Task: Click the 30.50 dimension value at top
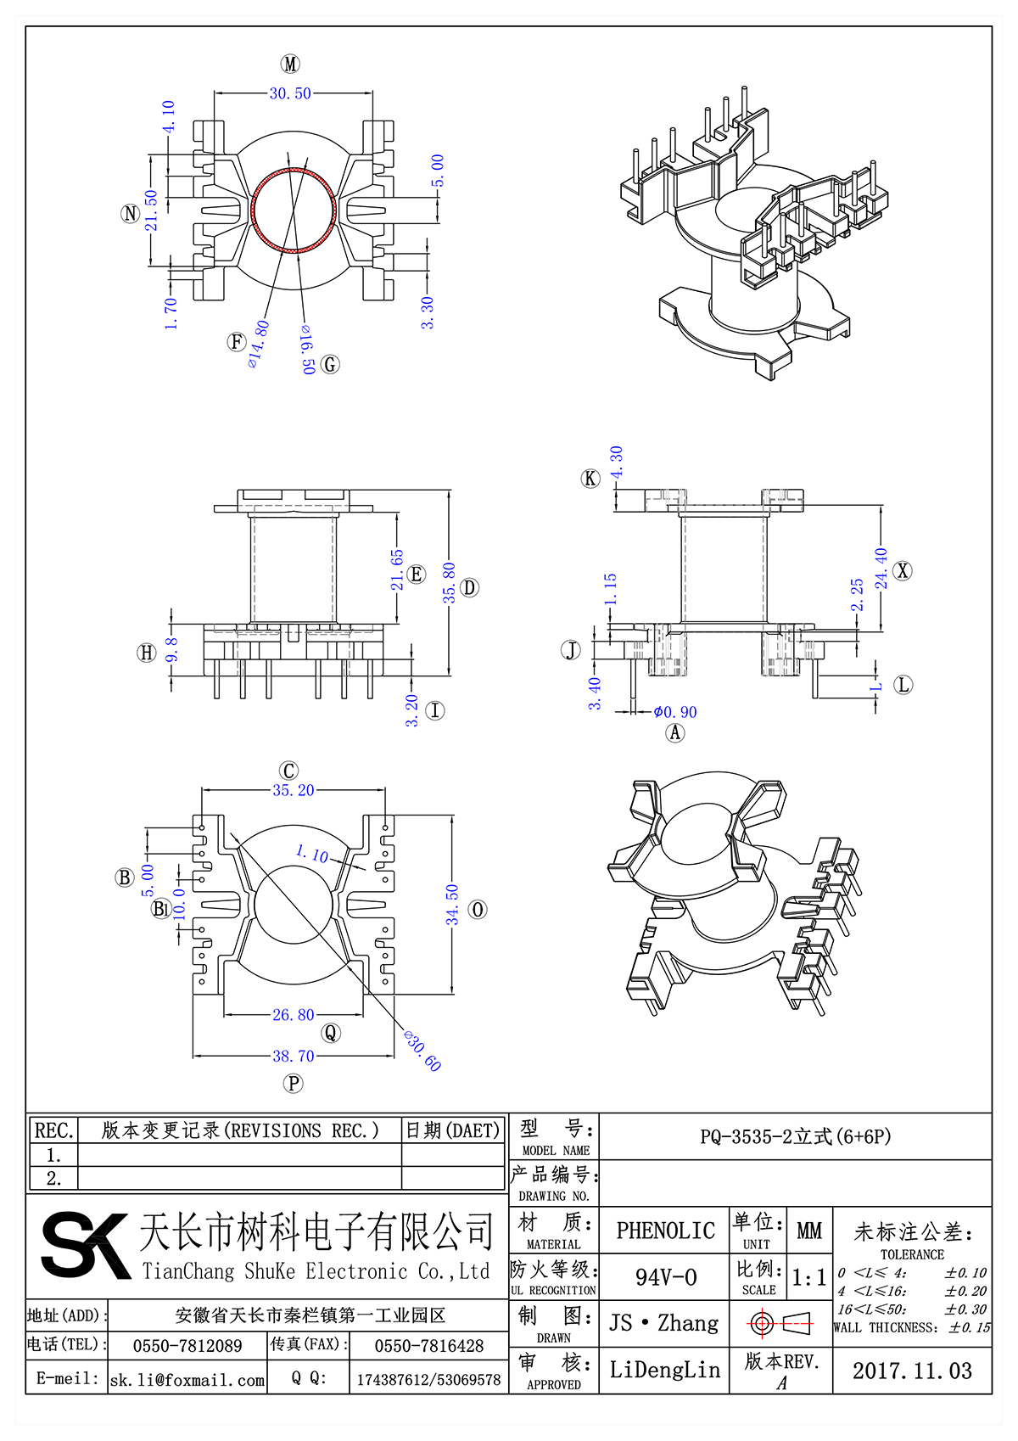click(x=290, y=93)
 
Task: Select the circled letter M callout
click(x=290, y=64)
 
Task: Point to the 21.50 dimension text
click(x=151, y=210)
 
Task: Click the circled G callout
click(x=330, y=365)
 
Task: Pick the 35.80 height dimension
click(x=449, y=582)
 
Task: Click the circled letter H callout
click(x=147, y=652)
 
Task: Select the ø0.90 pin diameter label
click(x=675, y=712)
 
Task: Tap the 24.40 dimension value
click(x=881, y=568)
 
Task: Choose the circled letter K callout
click(x=590, y=479)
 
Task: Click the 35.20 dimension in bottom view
click(x=293, y=790)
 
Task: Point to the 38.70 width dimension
click(x=293, y=1056)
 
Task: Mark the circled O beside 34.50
click(x=478, y=910)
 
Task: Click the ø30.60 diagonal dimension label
click(x=422, y=1051)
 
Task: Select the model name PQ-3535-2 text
click(x=795, y=1136)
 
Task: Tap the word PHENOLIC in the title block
click(x=665, y=1231)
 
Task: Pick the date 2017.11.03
click(x=912, y=1371)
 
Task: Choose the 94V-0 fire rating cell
click(x=665, y=1277)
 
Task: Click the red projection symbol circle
click(x=761, y=1323)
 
